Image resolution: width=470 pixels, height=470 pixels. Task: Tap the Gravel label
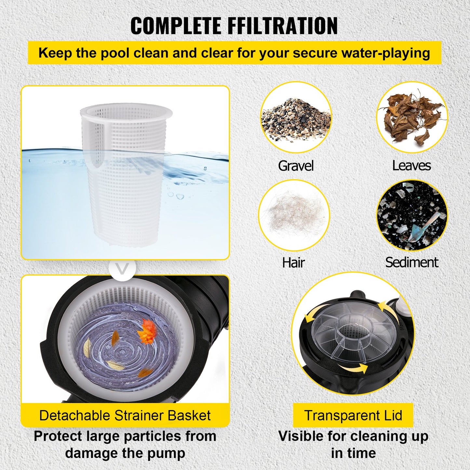point(296,166)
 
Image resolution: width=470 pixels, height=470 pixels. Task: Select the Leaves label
point(411,166)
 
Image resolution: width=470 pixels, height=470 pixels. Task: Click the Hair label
point(293,262)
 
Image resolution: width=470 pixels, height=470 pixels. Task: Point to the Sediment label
point(411,262)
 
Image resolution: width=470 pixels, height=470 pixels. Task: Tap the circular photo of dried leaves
point(412,117)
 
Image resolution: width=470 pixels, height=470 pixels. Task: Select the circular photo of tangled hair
point(294,215)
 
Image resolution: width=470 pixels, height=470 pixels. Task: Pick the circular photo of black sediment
point(412,215)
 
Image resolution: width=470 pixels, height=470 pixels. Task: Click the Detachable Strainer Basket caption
point(125,415)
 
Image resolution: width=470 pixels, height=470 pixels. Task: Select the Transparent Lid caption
point(353,415)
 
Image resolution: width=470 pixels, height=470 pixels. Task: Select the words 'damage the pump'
point(125,453)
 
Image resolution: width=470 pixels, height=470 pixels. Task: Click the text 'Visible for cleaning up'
point(353,436)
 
